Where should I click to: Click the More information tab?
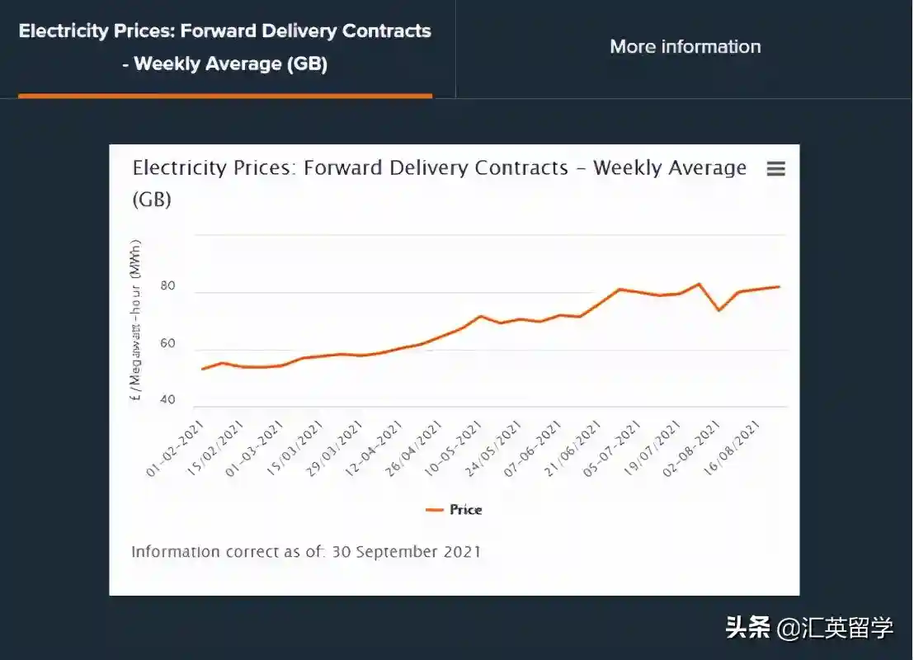(x=685, y=47)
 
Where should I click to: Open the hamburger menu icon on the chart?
(x=775, y=168)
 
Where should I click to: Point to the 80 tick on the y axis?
(x=168, y=286)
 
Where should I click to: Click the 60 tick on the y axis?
(x=168, y=343)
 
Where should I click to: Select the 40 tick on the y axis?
(x=168, y=400)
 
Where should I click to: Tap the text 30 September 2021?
(x=406, y=552)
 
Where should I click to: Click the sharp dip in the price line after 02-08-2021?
(x=719, y=310)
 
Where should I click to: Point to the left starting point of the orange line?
(x=202, y=369)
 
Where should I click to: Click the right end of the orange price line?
(x=779, y=287)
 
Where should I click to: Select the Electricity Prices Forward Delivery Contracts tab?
(x=224, y=47)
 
